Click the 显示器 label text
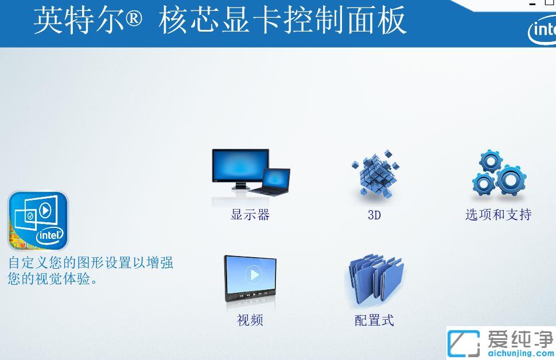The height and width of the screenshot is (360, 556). click(250, 215)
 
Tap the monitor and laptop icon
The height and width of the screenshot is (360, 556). click(251, 172)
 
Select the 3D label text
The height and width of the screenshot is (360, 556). click(374, 216)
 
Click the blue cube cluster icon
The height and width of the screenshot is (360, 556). click(375, 175)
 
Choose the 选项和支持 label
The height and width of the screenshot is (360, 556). click(498, 215)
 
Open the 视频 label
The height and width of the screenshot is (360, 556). click(250, 320)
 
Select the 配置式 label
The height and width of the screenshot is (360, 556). click(374, 320)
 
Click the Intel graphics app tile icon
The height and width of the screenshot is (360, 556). click(38, 221)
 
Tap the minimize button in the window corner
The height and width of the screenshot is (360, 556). click(532, 4)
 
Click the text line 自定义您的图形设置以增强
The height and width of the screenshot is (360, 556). click(91, 263)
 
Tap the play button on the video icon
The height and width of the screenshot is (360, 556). click(253, 275)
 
